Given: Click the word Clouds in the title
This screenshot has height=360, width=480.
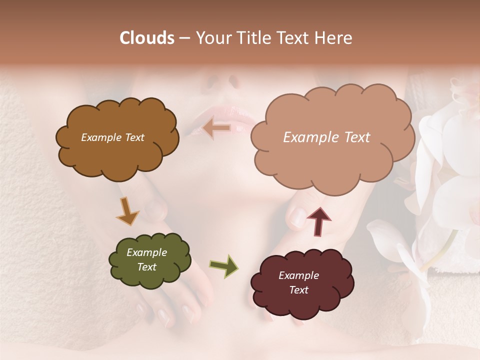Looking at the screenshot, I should pos(147,38).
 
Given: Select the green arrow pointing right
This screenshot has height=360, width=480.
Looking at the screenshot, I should pos(224,265).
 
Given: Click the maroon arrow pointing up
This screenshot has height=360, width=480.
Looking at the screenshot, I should pos(318,221).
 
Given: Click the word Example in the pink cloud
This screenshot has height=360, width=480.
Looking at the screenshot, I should pos(306,137).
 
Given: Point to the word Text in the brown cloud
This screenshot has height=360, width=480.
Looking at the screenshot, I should pos(134,137).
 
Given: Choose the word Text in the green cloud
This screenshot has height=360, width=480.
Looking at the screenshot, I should pos(146,267).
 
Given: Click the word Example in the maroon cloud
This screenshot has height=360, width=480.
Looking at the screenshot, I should pos(298,275).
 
